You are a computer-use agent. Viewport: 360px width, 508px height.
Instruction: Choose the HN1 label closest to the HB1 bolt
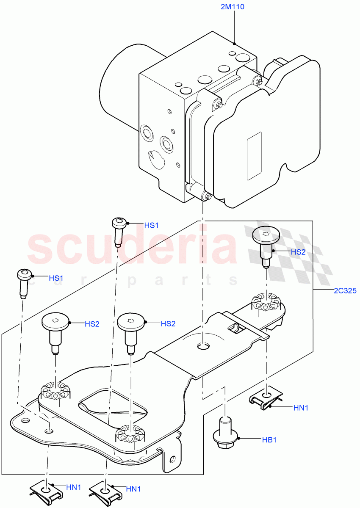(x=301, y=408)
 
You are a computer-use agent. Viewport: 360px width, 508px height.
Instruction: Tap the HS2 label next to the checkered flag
(x=298, y=252)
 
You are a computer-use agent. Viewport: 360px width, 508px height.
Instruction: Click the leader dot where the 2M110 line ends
(x=234, y=43)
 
